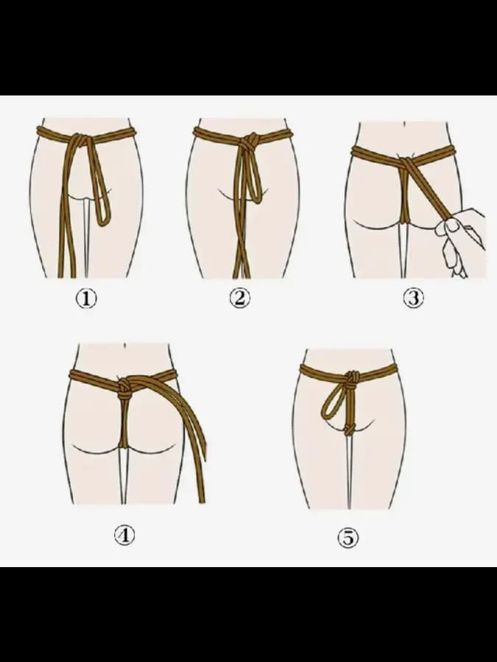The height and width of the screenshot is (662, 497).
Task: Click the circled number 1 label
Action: coord(86,299)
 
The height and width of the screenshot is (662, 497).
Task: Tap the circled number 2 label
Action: coord(239,298)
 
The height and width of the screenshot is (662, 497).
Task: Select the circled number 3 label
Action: coord(413,298)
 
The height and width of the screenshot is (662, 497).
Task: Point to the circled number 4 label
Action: coord(124,535)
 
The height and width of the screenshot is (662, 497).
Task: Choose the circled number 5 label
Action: coord(348,538)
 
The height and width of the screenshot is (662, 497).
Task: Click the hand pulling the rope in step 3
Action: coord(461,238)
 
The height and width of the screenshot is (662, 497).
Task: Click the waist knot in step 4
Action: coord(124,388)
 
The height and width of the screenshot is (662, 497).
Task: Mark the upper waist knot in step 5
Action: coord(352,378)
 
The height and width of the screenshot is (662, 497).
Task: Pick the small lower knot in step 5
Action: coord(350,430)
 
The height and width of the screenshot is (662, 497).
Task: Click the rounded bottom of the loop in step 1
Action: coord(104,221)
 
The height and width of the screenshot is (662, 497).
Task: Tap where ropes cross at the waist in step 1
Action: coord(79,138)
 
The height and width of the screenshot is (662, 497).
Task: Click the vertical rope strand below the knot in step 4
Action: coord(124,423)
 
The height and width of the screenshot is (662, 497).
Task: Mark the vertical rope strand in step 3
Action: coord(405,194)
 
